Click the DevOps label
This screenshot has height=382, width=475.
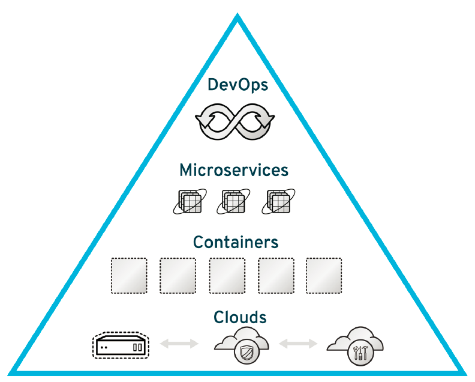coord(237,85)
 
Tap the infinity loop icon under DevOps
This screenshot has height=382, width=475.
coord(235,122)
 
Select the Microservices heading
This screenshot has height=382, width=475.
coord(234,171)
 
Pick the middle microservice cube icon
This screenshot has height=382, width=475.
coord(235,202)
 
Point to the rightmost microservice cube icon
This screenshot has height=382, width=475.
coord(279,202)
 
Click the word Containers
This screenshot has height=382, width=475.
coord(236,242)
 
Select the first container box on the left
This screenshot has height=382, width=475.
coord(129,276)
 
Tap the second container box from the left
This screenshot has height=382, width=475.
coord(178,276)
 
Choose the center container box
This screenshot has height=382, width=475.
coord(227,276)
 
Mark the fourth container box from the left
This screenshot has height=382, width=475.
coord(275,276)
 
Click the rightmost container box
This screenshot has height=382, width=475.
coord(324,276)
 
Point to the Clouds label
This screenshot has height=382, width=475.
coord(240,317)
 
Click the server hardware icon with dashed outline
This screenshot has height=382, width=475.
coord(120,345)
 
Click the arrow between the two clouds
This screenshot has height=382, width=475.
coord(298,344)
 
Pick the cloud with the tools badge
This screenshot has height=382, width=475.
coord(355,344)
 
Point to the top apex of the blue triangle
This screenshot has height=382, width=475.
coord(237,18)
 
